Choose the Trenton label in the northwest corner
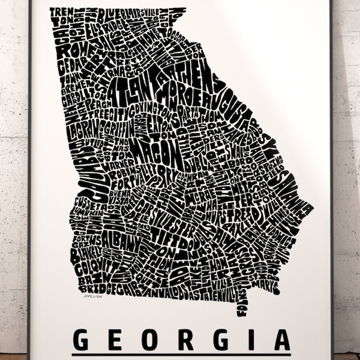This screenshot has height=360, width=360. tap(59, 17)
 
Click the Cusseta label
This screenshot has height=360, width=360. tap(89, 204)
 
